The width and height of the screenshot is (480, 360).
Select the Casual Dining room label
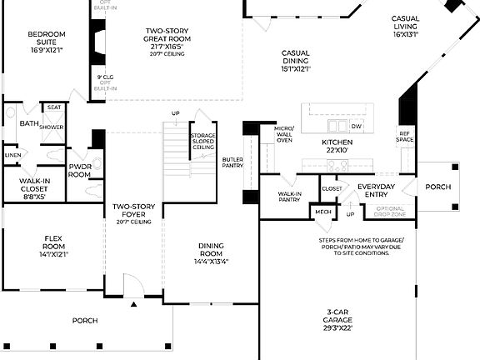point(295,60)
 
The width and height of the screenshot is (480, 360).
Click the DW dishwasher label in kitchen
point(356,126)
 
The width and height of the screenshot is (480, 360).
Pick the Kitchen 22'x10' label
point(338,147)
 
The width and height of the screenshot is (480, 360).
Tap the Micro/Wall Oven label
point(283,134)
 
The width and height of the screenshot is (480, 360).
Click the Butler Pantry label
point(232,162)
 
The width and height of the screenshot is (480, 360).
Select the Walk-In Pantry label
point(289,197)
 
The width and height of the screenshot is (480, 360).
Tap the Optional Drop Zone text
point(384,212)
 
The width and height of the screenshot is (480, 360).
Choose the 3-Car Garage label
point(338,321)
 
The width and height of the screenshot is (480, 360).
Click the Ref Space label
point(405,136)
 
